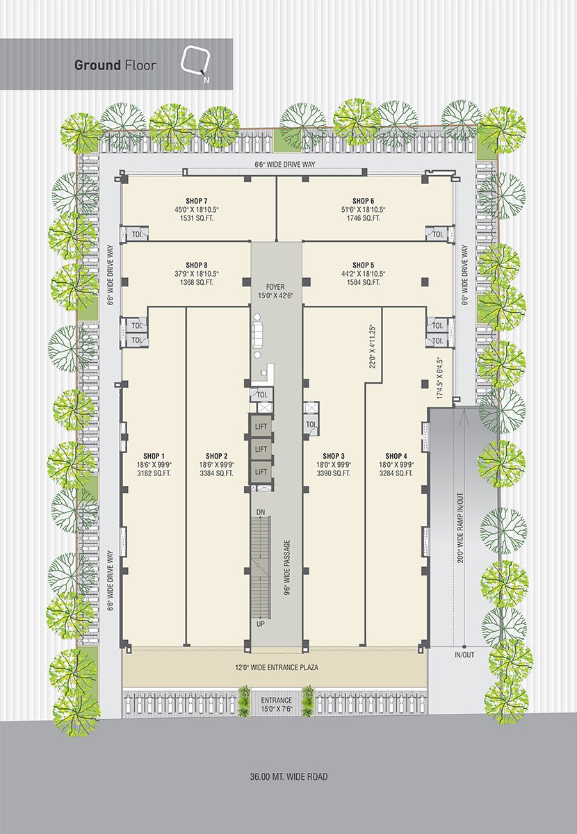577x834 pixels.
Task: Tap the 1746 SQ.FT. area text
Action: pos(363,218)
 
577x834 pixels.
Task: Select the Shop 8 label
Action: pos(196,265)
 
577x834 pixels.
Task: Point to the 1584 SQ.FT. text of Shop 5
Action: pos(363,282)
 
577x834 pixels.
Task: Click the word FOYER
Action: pos(276,287)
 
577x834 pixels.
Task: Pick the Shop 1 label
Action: pos(154,456)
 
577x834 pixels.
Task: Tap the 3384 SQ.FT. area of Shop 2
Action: pos(216,473)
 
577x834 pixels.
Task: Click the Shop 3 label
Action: pos(334,456)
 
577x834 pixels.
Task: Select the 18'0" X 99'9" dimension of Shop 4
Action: pos(396,465)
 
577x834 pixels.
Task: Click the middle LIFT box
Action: pos(261,450)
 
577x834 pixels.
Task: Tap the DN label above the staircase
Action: pos(261,513)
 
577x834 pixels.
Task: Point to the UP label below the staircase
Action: pos(261,623)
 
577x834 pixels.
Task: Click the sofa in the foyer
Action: pos(257,331)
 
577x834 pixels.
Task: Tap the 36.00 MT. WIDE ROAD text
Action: pos(289,774)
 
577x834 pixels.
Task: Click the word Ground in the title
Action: pos(97,65)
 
